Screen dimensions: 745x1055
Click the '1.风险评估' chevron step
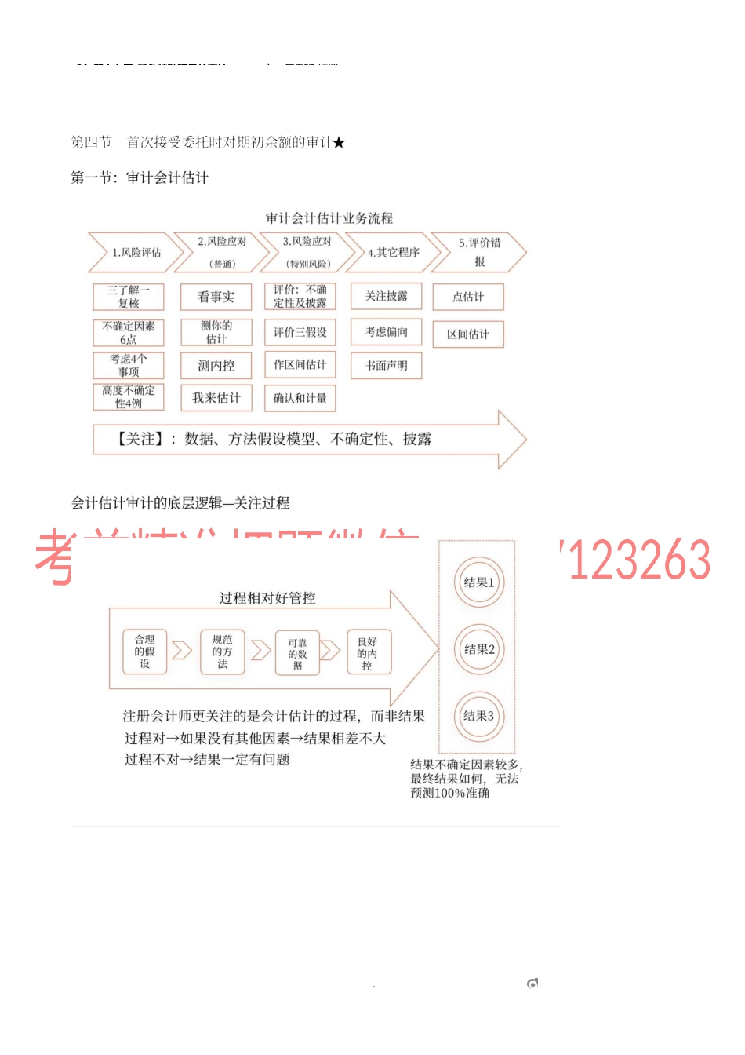pyautogui.click(x=136, y=253)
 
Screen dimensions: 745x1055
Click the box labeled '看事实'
pyautogui.click(x=216, y=297)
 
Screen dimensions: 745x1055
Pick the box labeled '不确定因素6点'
pyautogui.click(x=129, y=333)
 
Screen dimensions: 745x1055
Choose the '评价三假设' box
pyautogui.click(x=300, y=333)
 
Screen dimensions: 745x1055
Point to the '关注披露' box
pyautogui.click(x=386, y=296)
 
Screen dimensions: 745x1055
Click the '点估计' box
pyautogui.click(x=468, y=297)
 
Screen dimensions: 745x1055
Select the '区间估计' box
pyautogui.click(x=468, y=334)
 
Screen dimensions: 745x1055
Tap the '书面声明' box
pyautogui.click(x=386, y=366)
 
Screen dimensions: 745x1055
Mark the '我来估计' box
pyautogui.click(x=216, y=398)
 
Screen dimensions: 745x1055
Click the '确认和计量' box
pyautogui.click(x=300, y=399)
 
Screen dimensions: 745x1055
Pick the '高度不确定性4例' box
pyautogui.click(x=129, y=397)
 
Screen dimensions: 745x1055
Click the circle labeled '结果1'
pyautogui.click(x=478, y=582)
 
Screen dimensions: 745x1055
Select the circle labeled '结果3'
pyautogui.click(x=478, y=716)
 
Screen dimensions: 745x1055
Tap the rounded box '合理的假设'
pyautogui.click(x=144, y=652)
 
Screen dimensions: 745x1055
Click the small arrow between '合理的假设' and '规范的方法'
pyautogui.click(x=182, y=651)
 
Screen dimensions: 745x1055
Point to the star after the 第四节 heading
pyautogui.click(x=339, y=143)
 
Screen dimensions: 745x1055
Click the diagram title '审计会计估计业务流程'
pyautogui.click(x=329, y=218)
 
